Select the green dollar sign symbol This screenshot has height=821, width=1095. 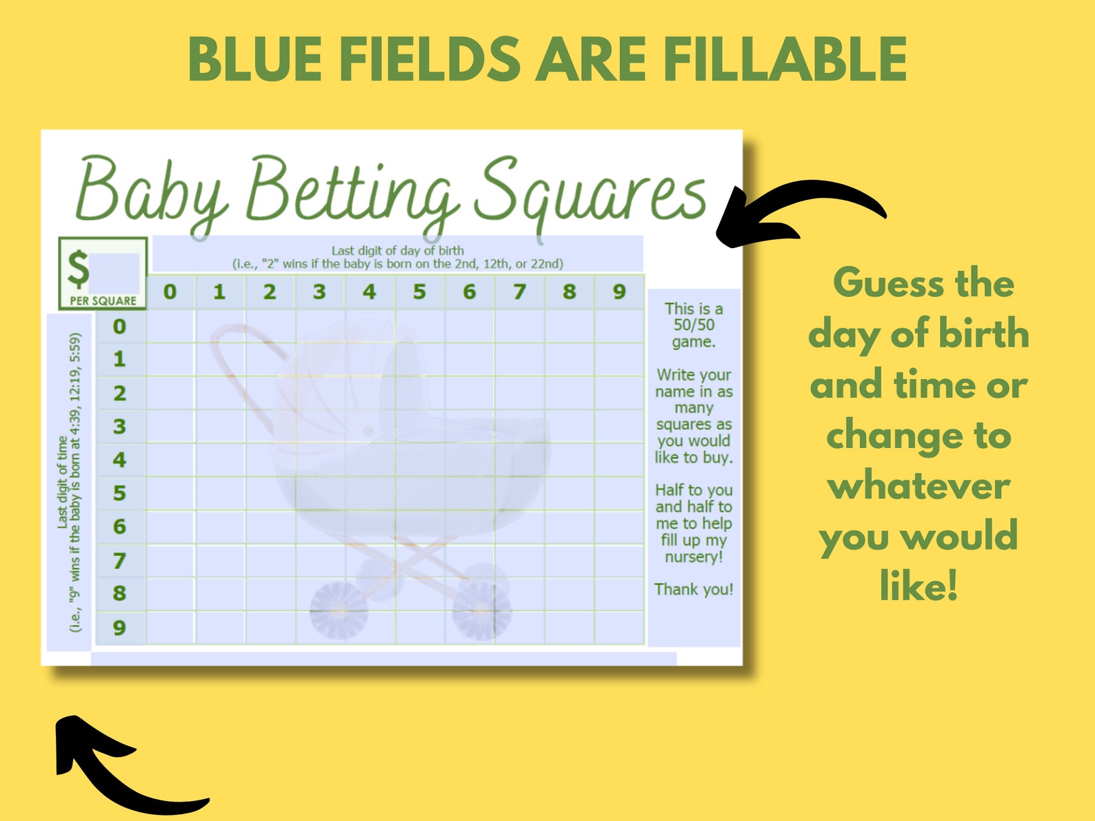click(x=77, y=269)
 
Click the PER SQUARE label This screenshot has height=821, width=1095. click(x=103, y=301)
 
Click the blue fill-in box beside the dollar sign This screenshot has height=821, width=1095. click(x=115, y=273)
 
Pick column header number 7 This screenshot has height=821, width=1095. click(x=519, y=292)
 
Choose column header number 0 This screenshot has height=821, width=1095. click(x=170, y=292)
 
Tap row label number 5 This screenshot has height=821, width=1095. click(x=119, y=493)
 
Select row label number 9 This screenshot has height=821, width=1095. click(x=119, y=627)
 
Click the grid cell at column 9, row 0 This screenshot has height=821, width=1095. click(x=619, y=326)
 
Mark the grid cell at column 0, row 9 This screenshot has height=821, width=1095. click(x=170, y=627)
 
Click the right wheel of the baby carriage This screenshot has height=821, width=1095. click(x=481, y=609)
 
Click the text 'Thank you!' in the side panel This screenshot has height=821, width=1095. click(x=694, y=589)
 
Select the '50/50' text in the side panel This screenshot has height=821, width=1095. click(x=694, y=325)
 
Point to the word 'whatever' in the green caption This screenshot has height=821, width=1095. click(x=918, y=487)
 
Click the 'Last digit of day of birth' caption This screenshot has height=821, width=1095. click(x=397, y=251)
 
